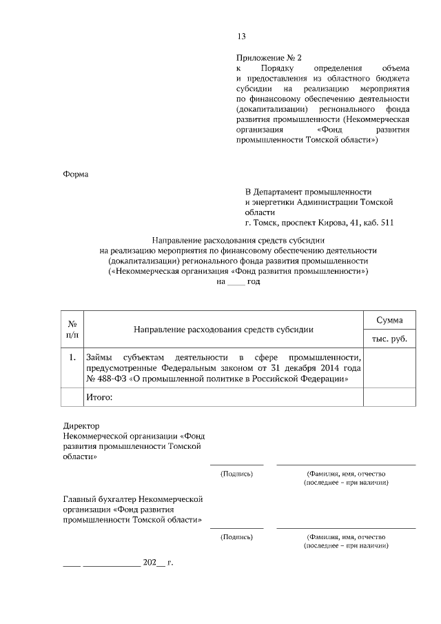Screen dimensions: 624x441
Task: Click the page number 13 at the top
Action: (x=241, y=37)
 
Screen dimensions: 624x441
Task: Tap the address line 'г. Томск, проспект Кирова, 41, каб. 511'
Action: (x=319, y=223)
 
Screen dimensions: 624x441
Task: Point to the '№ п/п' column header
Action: (x=72, y=329)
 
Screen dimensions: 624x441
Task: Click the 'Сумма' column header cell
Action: (x=389, y=321)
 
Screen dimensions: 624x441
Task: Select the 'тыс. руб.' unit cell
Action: (x=389, y=339)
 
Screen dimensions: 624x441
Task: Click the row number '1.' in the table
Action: (x=72, y=357)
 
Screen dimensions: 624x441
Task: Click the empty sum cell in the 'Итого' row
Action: (x=389, y=398)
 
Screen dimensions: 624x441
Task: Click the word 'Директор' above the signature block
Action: (x=82, y=426)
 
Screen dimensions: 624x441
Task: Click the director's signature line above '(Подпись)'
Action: (x=236, y=465)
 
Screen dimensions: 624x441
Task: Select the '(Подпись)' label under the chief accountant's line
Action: (x=236, y=536)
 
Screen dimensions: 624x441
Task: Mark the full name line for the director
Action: (x=346, y=465)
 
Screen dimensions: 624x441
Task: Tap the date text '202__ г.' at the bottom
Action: (x=158, y=562)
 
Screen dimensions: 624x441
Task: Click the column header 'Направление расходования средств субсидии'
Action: (x=223, y=330)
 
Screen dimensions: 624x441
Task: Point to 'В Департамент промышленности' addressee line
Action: (x=309, y=191)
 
